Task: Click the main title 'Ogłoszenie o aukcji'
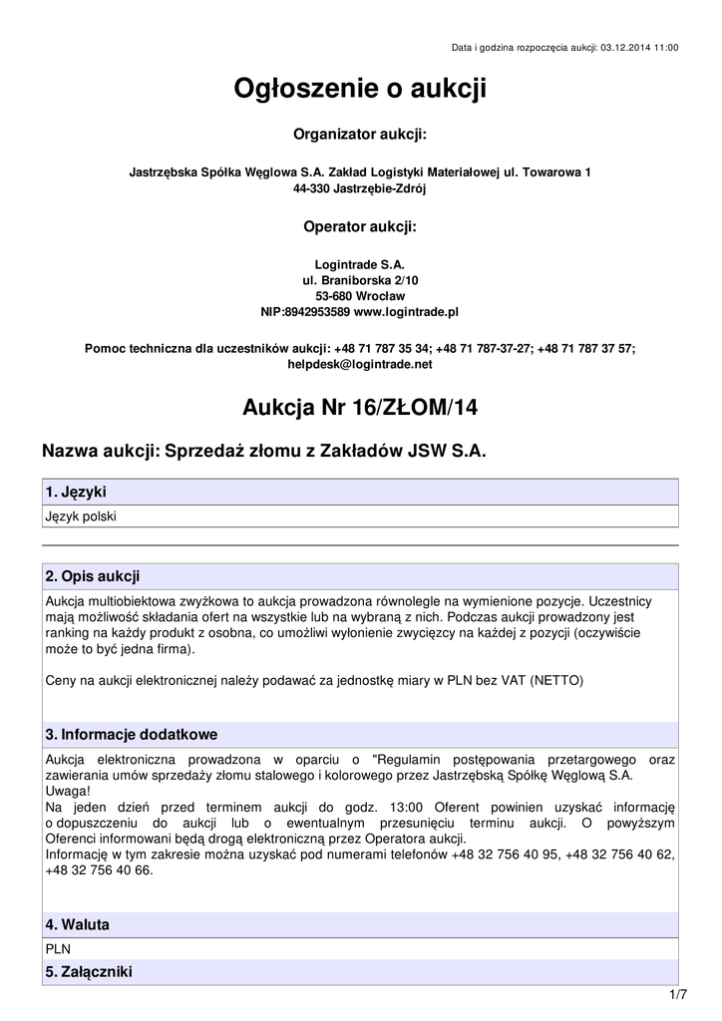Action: pyautogui.click(x=360, y=90)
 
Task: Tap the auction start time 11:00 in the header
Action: pyautogui.click(x=665, y=47)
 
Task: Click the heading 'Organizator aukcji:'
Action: pyautogui.click(x=360, y=134)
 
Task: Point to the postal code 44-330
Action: pyautogui.click(x=312, y=187)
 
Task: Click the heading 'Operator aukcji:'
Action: pyautogui.click(x=360, y=226)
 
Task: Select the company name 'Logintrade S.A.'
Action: pyautogui.click(x=360, y=265)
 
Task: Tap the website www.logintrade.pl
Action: pyautogui.click(x=406, y=311)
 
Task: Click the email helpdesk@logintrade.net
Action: pyautogui.click(x=360, y=364)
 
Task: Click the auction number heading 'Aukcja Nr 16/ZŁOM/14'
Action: pyautogui.click(x=360, y=407)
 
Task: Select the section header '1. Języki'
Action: pyautogui.click(x=76, y=493)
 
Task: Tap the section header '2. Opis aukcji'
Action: pyautogui.click(x=93, y=576)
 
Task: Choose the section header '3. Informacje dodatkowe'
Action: pyautogui.click(x=131, y=735)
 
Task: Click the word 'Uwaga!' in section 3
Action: pyautogui.click(x=68, y=791)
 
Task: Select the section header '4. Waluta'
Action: pyautogui.click(x=77, y=925)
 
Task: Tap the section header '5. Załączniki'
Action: pyautogui.click(x=89, y=971)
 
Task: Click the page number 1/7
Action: pyautogui.click(x=677, y=995)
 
